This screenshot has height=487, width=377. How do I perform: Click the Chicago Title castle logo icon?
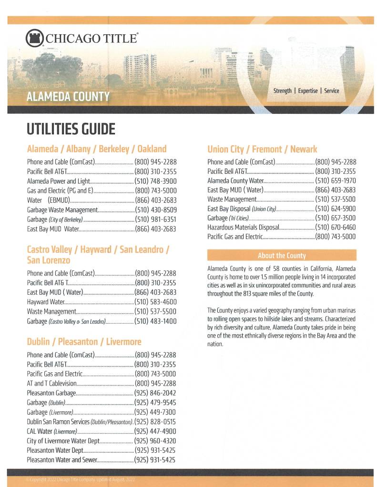pyautogui.click(x=34, y=38)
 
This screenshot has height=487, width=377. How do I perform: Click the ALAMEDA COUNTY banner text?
pyautogui.click(x=68, y=97)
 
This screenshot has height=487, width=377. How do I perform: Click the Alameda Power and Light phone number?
pyautogui.click(x=156, y=181)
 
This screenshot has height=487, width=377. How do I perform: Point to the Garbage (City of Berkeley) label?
pyautogui.click(x=55, y=219)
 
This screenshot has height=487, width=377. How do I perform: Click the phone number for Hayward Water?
pyautogui.click(x=156, y=302)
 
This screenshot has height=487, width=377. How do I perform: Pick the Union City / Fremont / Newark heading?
pyautogui.click(x=262, y=149)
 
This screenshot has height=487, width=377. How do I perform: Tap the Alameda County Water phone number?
pyautogui.click(x=336, y=181)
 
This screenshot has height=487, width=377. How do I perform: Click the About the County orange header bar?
pyautogui.click(x=282, y=255)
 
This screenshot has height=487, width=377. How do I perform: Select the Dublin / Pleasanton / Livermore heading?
pyautogui.click(x=84, y=342)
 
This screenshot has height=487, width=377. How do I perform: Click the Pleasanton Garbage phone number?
pyautogui.click(x=155, y=393)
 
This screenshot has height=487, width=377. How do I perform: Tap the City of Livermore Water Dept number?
pyautogui.click(x=155, y=441)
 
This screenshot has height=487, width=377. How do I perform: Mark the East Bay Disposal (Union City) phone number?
pyautogui.click(x=336, y=209)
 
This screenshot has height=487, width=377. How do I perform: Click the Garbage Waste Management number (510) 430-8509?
pyautogui.click(x=156, y=210)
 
